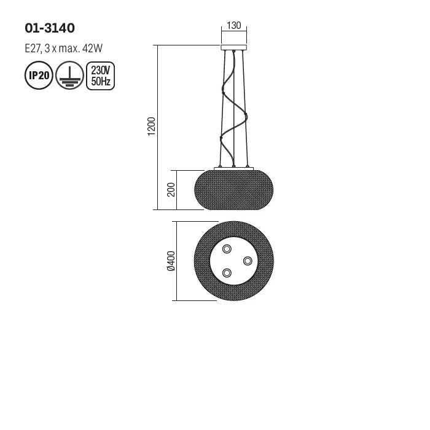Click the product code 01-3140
pos(50,28)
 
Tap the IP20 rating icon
pos(39,76)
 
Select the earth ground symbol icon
pos(69,76)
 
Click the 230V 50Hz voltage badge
pos(100,76)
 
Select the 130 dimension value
pos(233,26)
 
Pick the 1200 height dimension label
pos(152,127)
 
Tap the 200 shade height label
pos(171,189)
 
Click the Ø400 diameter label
pos(171,261)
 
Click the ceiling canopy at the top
pos(233,47)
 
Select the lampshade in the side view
pos(233,190)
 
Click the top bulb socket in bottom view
pos(227,249)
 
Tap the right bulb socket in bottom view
pos(248,261)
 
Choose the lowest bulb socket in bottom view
pos(227,273)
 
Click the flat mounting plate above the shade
pos(233,168)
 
